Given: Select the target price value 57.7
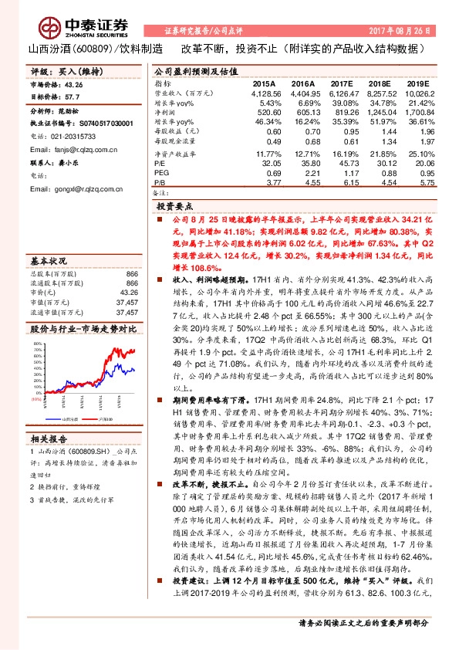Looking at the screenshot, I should pos(71,98).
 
